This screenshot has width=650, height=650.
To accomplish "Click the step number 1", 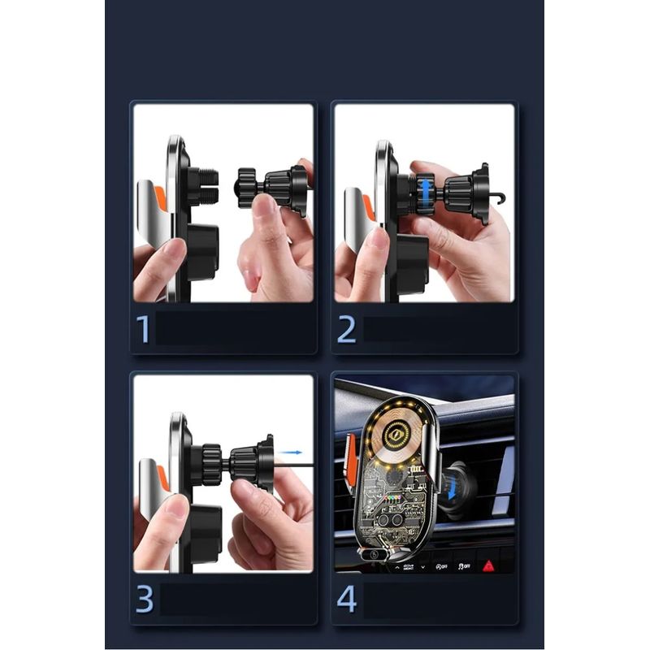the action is click(143, 329).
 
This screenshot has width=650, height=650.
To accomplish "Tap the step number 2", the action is click(347, 330).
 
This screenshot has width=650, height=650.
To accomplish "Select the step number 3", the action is click(145, 599).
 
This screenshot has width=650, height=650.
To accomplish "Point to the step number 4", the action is click(347, 599).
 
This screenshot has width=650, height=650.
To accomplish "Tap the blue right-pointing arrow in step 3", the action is click(290, 453).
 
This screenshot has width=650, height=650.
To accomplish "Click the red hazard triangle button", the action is click(489, 565).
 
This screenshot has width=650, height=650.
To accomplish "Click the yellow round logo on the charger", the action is click(394, 435).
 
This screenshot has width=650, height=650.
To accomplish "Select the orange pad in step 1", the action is click(160, 197).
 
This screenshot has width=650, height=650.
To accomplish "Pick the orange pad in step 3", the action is click(163, 477).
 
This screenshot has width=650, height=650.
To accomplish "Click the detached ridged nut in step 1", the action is click(247, 188).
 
